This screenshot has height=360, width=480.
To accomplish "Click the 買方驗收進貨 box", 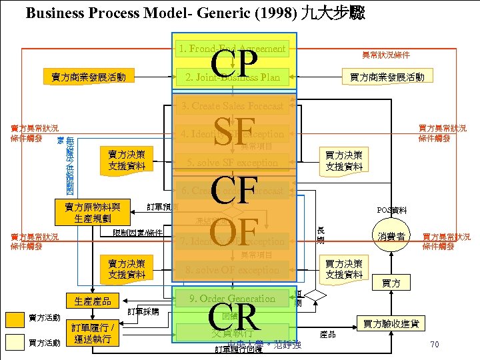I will click(391, 323).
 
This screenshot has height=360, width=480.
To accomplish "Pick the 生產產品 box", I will click(93, 301).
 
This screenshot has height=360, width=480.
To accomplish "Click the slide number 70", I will click(434, 345).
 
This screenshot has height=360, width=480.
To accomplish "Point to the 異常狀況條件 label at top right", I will click(386, 55).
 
